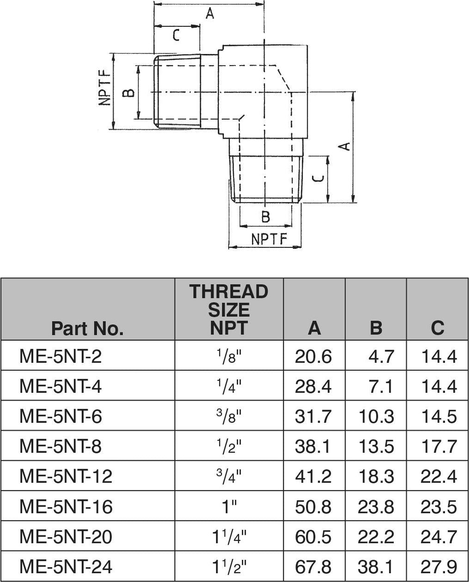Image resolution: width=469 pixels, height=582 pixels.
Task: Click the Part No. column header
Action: (87, 328)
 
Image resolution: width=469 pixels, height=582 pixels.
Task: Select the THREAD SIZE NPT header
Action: (229, 309)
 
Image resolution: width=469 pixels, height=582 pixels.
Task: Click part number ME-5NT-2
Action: (61, 356)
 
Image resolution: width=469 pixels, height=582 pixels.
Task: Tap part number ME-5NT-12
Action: (66, 476)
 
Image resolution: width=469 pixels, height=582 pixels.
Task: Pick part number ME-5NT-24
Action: (66, 566)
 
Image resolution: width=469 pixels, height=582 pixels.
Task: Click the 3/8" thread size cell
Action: (229, 416)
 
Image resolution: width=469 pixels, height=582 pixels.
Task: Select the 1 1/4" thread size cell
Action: (229, 536)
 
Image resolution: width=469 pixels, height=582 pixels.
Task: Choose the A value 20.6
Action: (314, 356)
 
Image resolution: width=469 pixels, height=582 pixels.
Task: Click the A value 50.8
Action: (314, 507)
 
